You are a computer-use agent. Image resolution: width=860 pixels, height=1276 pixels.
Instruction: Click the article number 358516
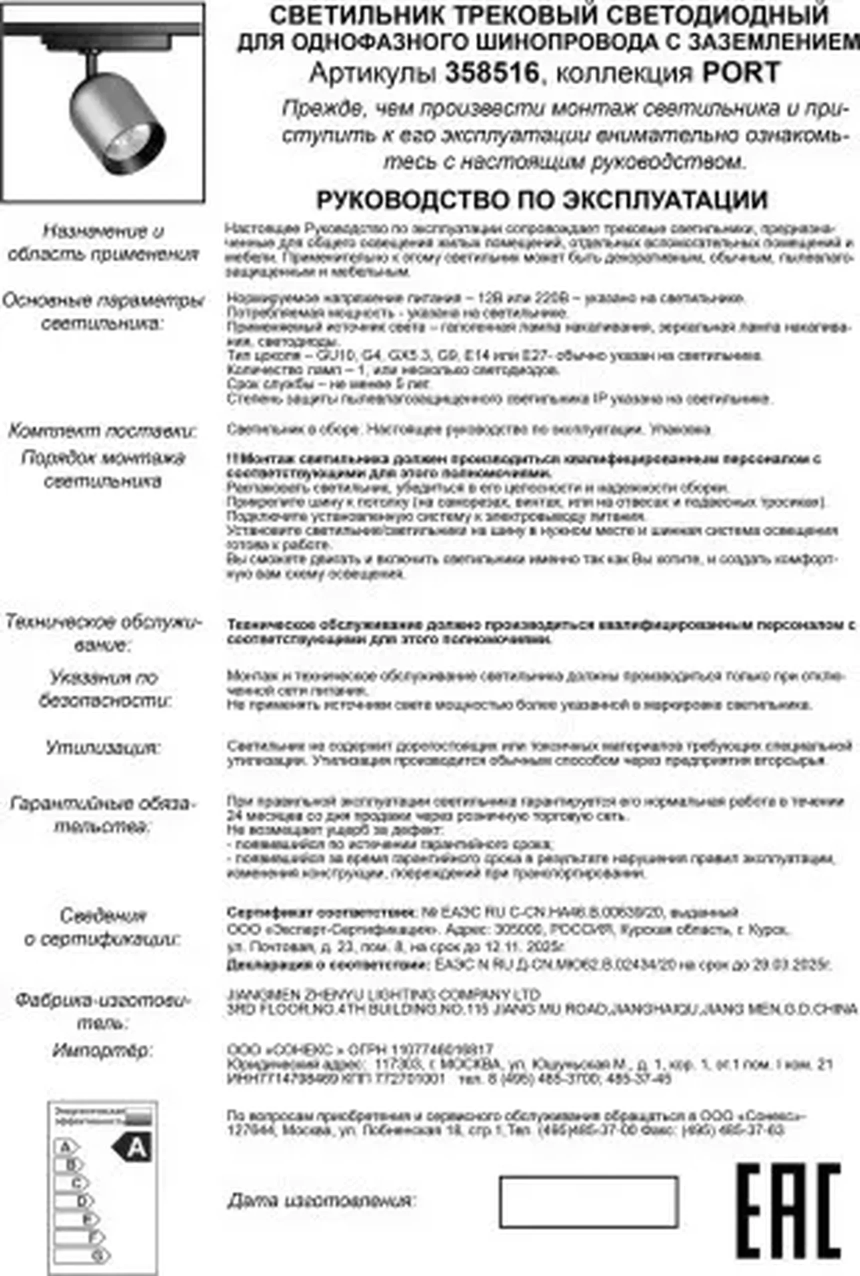(492, 73)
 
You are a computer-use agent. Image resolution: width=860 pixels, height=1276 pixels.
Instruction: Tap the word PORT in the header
(741, 73)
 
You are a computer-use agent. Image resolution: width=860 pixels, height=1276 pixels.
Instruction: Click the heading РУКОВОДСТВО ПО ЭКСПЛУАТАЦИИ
(541, 200)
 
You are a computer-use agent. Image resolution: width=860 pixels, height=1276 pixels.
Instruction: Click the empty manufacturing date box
(588, 1201)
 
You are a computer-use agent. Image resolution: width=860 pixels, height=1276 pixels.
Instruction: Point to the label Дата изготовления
(322, 1201)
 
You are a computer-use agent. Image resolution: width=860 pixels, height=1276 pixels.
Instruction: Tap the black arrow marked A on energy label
(132, 1147)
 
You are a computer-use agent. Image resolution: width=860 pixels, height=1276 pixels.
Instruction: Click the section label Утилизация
(103, 748)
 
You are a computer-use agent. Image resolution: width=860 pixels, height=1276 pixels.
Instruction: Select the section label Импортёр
(102, 1050)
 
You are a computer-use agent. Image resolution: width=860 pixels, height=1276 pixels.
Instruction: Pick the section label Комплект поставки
(102, 431)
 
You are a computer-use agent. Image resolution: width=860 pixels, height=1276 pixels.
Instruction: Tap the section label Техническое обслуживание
(103, 633)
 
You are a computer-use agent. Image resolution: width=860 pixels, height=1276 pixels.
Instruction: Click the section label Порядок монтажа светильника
(103, 469)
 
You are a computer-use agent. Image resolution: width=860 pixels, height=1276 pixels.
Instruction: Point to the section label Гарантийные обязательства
(102, 815)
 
